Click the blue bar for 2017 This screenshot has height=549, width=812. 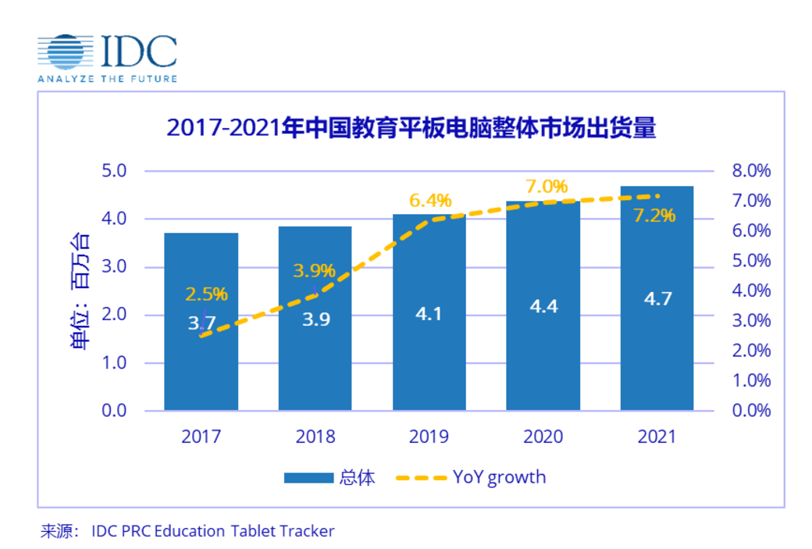[201, 367]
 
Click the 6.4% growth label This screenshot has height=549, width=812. [430, 201]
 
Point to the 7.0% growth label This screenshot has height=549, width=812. [546, 187]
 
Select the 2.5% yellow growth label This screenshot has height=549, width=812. [206, 294]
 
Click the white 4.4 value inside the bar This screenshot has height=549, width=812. [543, 307]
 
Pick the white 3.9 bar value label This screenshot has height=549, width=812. [315, 319]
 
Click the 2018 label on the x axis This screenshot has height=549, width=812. [315, 436]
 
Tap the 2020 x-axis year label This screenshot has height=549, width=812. [543, 436]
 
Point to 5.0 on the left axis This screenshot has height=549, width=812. [113, 170]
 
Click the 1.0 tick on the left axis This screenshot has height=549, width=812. [113, 363]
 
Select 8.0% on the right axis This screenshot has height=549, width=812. [749, 171]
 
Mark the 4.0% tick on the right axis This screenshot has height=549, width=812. [749, 291]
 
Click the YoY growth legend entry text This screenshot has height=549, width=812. [499, 476]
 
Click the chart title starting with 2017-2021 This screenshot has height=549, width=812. [411, 128]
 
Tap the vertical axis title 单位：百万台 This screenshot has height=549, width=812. [81, 291]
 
